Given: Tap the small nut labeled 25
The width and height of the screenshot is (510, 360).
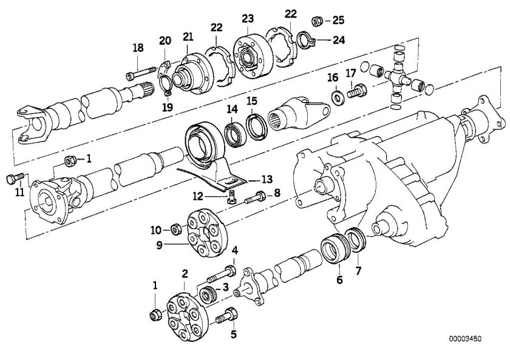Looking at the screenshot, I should click(x=316, y=21).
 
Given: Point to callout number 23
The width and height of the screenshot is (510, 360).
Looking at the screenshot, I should click(x=248, y=18).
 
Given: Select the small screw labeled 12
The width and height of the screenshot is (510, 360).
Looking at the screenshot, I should click(x=231, y=197).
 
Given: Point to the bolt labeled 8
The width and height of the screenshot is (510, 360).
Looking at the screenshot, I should click(x=256, y=195).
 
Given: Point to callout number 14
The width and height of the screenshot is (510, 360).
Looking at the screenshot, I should click(x=232, y=109).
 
